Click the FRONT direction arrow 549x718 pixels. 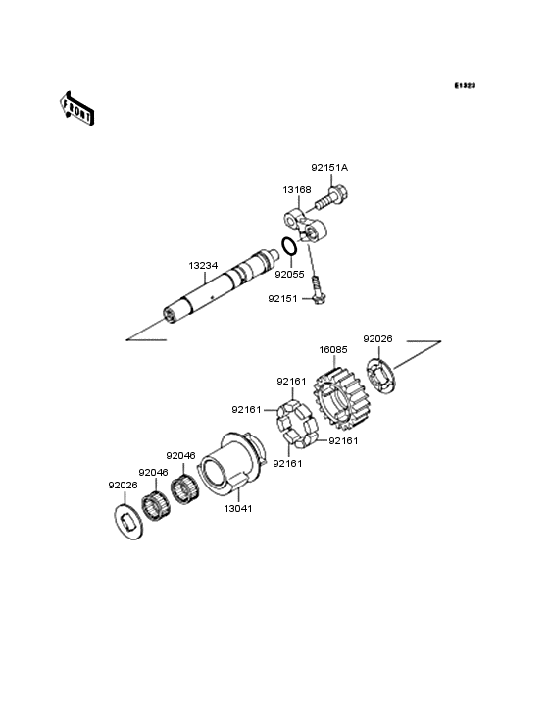tap(76, 108)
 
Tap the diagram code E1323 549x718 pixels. tap(465, 85)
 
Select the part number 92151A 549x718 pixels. tap(329, 168)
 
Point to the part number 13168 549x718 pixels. tap(297, 189)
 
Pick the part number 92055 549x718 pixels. tap(289, 275)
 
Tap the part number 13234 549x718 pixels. tap(203, 265)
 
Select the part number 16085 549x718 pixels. tap(333, 350)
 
